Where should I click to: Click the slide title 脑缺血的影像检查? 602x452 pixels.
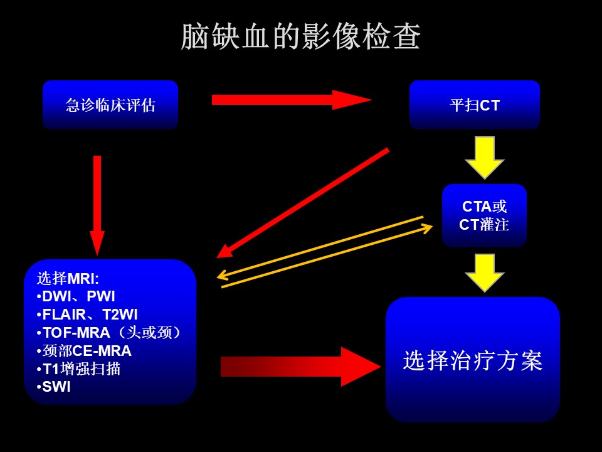[300, 36]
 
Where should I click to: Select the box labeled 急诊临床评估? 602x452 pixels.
[110, 105]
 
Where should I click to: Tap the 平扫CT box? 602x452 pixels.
[475, 105]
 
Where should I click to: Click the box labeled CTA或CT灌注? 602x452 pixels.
[484, 215]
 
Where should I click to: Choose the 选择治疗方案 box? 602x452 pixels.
[473, 360]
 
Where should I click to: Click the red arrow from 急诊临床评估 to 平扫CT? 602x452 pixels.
[292, 100]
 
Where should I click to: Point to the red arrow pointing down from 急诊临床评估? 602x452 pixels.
[97, 206]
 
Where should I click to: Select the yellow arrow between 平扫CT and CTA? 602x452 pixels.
[485, 158]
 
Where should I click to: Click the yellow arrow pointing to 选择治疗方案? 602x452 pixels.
[485, 272]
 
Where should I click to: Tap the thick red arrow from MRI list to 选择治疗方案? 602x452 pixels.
[300, 366]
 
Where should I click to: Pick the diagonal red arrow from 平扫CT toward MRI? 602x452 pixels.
[303, 203]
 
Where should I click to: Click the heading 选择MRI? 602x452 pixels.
[68, 278]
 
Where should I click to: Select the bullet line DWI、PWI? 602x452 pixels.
[76, 296]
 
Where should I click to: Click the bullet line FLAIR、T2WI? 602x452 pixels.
[87, 315]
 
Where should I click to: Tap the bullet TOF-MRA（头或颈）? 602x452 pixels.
[108, 333]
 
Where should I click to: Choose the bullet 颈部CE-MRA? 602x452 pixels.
[84, 350]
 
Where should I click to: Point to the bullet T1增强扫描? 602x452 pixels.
[78, 369]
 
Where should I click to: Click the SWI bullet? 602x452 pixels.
[54, 387]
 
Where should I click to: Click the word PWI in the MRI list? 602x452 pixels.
[101, 296]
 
